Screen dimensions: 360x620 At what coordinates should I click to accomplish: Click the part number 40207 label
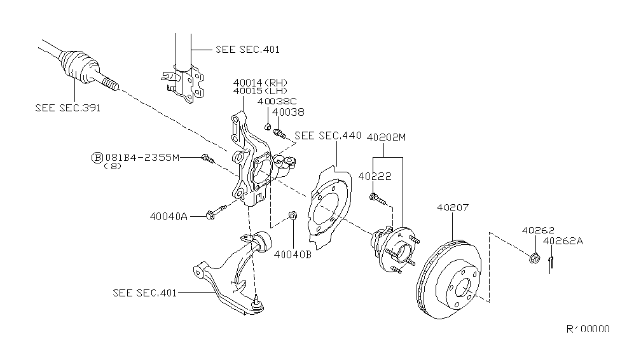tap(451, 207)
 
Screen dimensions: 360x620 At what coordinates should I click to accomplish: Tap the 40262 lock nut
tap(535, 258)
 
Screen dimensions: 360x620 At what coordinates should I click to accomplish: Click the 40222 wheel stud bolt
tap(378, 198)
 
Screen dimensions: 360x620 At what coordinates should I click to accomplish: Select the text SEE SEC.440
tap(328, 135)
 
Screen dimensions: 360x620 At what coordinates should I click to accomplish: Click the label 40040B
tap(293, 255)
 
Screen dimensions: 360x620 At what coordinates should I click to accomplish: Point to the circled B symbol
tap(97, 157)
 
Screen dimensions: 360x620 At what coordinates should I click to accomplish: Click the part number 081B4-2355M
tap(142, 157)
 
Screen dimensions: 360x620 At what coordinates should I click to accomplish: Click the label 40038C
tap(277, 101)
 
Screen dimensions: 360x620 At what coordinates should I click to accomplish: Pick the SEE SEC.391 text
tap(67, 107)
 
